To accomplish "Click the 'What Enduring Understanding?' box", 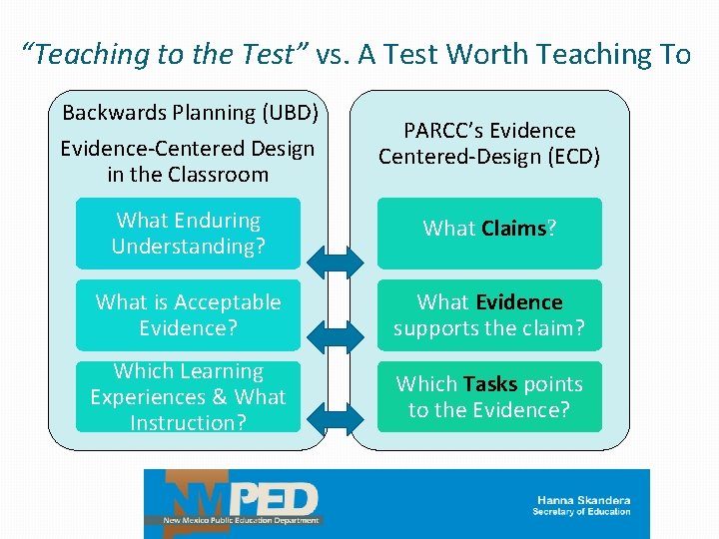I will tap(188, 234).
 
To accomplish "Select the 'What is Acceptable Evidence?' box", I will tap(188, 315).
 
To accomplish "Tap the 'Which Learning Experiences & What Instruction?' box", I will tap(188, 397).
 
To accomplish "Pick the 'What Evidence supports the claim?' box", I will tap(489, 315).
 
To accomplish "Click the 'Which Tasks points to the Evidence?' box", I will tap(489, 397).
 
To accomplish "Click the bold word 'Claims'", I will tap(513, 229).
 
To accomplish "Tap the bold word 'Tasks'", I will tap(489, 384).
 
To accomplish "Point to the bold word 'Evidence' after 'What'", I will tap(518, 302).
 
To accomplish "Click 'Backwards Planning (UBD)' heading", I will tap(190, 112).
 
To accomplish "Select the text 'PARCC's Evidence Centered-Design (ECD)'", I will tap(489, 144).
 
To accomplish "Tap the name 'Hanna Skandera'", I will tap(582, 500).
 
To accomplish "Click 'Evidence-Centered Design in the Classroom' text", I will tap(188, 162).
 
